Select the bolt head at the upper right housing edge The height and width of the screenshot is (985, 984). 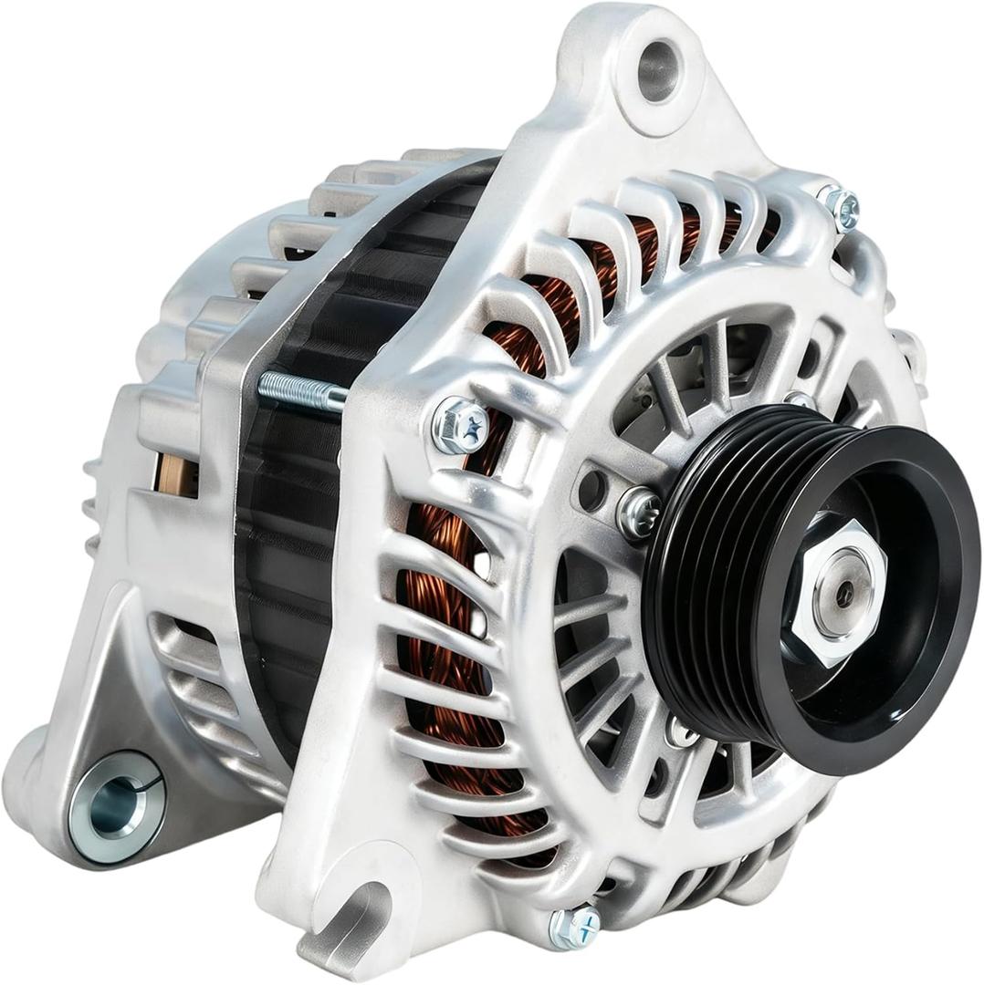click(x=841, y=208)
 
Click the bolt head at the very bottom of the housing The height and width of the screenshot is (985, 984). click(x=575, y=928)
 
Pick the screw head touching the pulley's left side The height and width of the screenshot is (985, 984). click(x=639, y=513)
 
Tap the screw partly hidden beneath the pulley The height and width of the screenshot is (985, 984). click(x=681, y=730)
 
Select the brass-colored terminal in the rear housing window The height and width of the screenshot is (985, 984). click(x=176, y=473)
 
